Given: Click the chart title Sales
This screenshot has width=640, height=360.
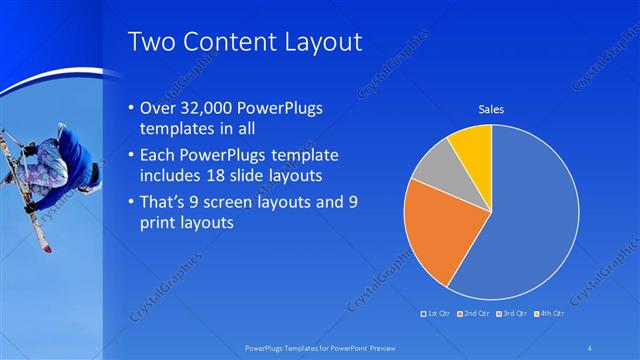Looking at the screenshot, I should (x=491, y=109).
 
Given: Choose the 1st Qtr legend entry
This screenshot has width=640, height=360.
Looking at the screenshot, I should (x=437, y=314).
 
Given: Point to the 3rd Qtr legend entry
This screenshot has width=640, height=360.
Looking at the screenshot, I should (x=514, y=314).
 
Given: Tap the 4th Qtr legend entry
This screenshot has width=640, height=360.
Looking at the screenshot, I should (x=552, y=314).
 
